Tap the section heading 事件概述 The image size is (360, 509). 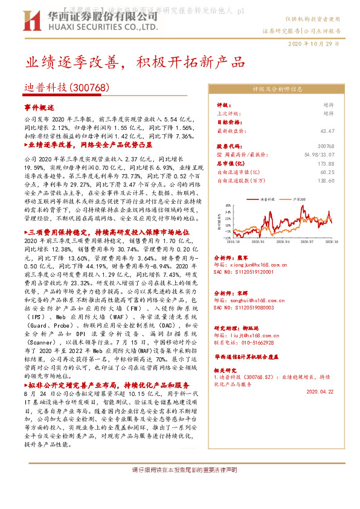tap(39, 106)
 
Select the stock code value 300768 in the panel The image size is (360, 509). tap(326, 147)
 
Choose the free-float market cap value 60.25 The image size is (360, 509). tap(327, 172)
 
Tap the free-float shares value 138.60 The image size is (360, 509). tap(326, 181)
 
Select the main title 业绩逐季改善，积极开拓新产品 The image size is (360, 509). tap(135, 63)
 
